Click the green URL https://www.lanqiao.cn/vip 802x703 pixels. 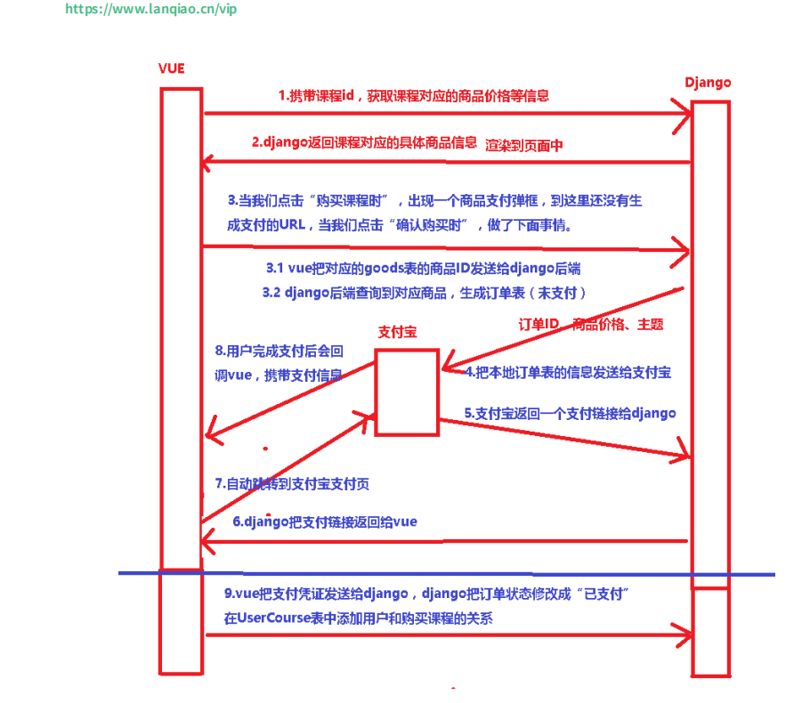tap(151, 10)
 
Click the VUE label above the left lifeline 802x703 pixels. tap(172, 69)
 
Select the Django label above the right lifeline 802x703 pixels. tap(708, 82)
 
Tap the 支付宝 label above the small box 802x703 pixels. tap(397, 332)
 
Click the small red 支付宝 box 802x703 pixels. tap(407, 392)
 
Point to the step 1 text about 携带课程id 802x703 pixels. tap(413, 96)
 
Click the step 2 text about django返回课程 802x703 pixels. tap(365, 141)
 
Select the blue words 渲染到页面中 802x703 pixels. tap(524, 145)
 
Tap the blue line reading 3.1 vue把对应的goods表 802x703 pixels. tap(423, 267)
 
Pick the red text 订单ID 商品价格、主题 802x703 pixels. tap(591, 325)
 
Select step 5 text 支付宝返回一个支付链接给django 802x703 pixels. tap(570, 413)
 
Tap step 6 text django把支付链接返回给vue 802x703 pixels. tap(325, 521)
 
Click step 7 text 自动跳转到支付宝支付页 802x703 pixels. tap(293, 483)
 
